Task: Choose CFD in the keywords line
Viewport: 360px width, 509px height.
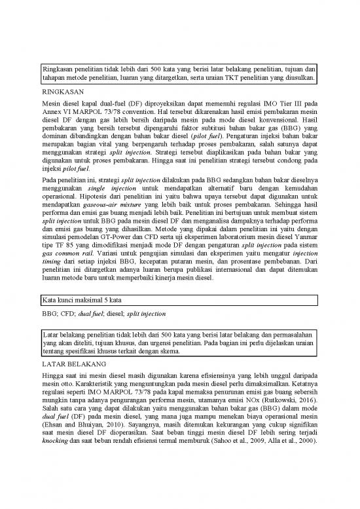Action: (69, 314)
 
